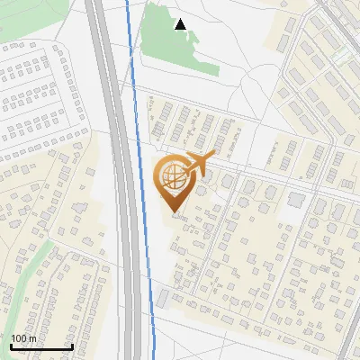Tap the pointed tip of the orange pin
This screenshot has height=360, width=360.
[x=175, y=216]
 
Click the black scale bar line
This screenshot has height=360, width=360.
[x=40, y=347]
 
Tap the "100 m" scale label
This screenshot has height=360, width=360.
[x=23, y=338]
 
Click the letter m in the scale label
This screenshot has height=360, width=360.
[x=32, y=339]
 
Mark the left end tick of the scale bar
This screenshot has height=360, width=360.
[x=11, y=346]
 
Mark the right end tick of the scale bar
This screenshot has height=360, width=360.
[x=72, y=346]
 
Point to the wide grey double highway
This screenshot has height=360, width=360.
[x=120, y=180]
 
